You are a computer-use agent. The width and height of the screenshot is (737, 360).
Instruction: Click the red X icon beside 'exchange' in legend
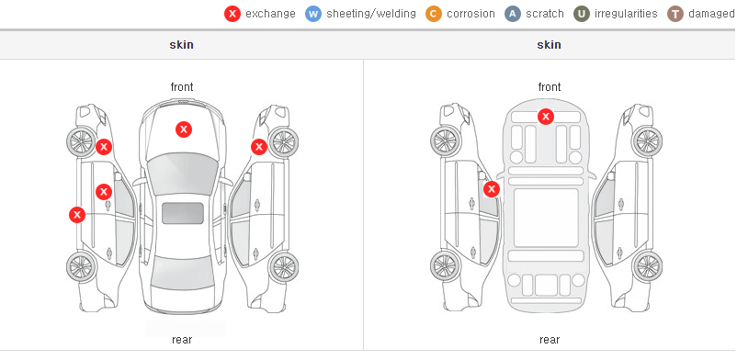pyautogui.click(x=232, y=14)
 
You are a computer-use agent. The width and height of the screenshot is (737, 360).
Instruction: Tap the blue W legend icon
pyautogui.click(x=313, y=14)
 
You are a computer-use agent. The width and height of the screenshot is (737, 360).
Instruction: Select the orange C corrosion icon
pyautogui.click(x=434, y=14)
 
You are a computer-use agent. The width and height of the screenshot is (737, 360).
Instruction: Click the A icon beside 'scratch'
pyautogui.click(x=513, y=14)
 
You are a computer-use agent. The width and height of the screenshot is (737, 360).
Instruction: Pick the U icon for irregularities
pyautogui.click(x=582, y=14)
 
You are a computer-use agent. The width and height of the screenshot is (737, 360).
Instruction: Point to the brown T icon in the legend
pyautogui.click(x=675, y=14)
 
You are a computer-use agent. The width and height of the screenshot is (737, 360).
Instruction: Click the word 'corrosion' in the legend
pyautogui.click(x=471, y=14)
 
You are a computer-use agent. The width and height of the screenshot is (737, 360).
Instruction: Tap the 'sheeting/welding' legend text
pyautogui.click(x=371, y=14)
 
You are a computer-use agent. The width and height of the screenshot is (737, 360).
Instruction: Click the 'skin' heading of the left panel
pyautogui.click(x=181, y=45)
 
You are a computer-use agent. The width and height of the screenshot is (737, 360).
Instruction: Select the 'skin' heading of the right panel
pyautogui.click(x=549, y=45)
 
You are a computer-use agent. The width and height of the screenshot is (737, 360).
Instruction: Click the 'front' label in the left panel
pyautogui.click(x=182, y=87)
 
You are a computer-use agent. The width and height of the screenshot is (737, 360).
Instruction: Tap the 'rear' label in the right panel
pyautogui.click(x=550, y=339)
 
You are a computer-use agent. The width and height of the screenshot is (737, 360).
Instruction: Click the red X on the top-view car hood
pyautogui.click(x=184, y=129)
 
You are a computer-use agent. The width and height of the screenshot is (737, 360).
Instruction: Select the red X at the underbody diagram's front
pyautogui.click(x=546, y=117)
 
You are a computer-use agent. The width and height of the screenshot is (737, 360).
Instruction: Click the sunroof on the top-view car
pyautogui.click(x=183, y=213)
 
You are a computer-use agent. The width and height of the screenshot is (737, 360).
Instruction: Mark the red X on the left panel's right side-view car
pyautogui.click(x=259, y=147)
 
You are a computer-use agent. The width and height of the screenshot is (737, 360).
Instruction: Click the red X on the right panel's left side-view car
pyautogui.click(x=492, y=189)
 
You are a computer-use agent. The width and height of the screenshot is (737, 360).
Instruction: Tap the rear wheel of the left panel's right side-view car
pyautogui.click(x=283, y=267)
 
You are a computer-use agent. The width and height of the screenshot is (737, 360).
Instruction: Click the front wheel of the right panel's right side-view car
pyautogui.click(x=648, y=141)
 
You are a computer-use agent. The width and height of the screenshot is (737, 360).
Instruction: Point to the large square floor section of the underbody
pyautogui.click(x=546, y=218)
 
